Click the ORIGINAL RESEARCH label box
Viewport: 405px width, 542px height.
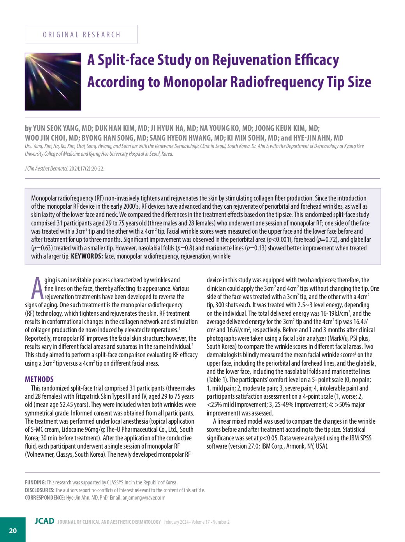tap(81, 34)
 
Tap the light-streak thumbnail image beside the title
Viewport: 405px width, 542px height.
tap(53, 82)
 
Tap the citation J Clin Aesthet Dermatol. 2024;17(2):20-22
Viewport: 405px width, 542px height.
tap(64, 169)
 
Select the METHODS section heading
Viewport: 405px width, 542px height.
tap(39, 379)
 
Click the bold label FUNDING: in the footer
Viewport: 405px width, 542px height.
tap(35, 482)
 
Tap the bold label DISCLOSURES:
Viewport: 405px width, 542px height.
tap(40, 490)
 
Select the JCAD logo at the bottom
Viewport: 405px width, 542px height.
tap(44, 521)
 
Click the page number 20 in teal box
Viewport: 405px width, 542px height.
tap(13, 530)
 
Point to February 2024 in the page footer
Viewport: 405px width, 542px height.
tap(176, 522)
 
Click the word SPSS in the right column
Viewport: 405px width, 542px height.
tap(364, 438)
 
